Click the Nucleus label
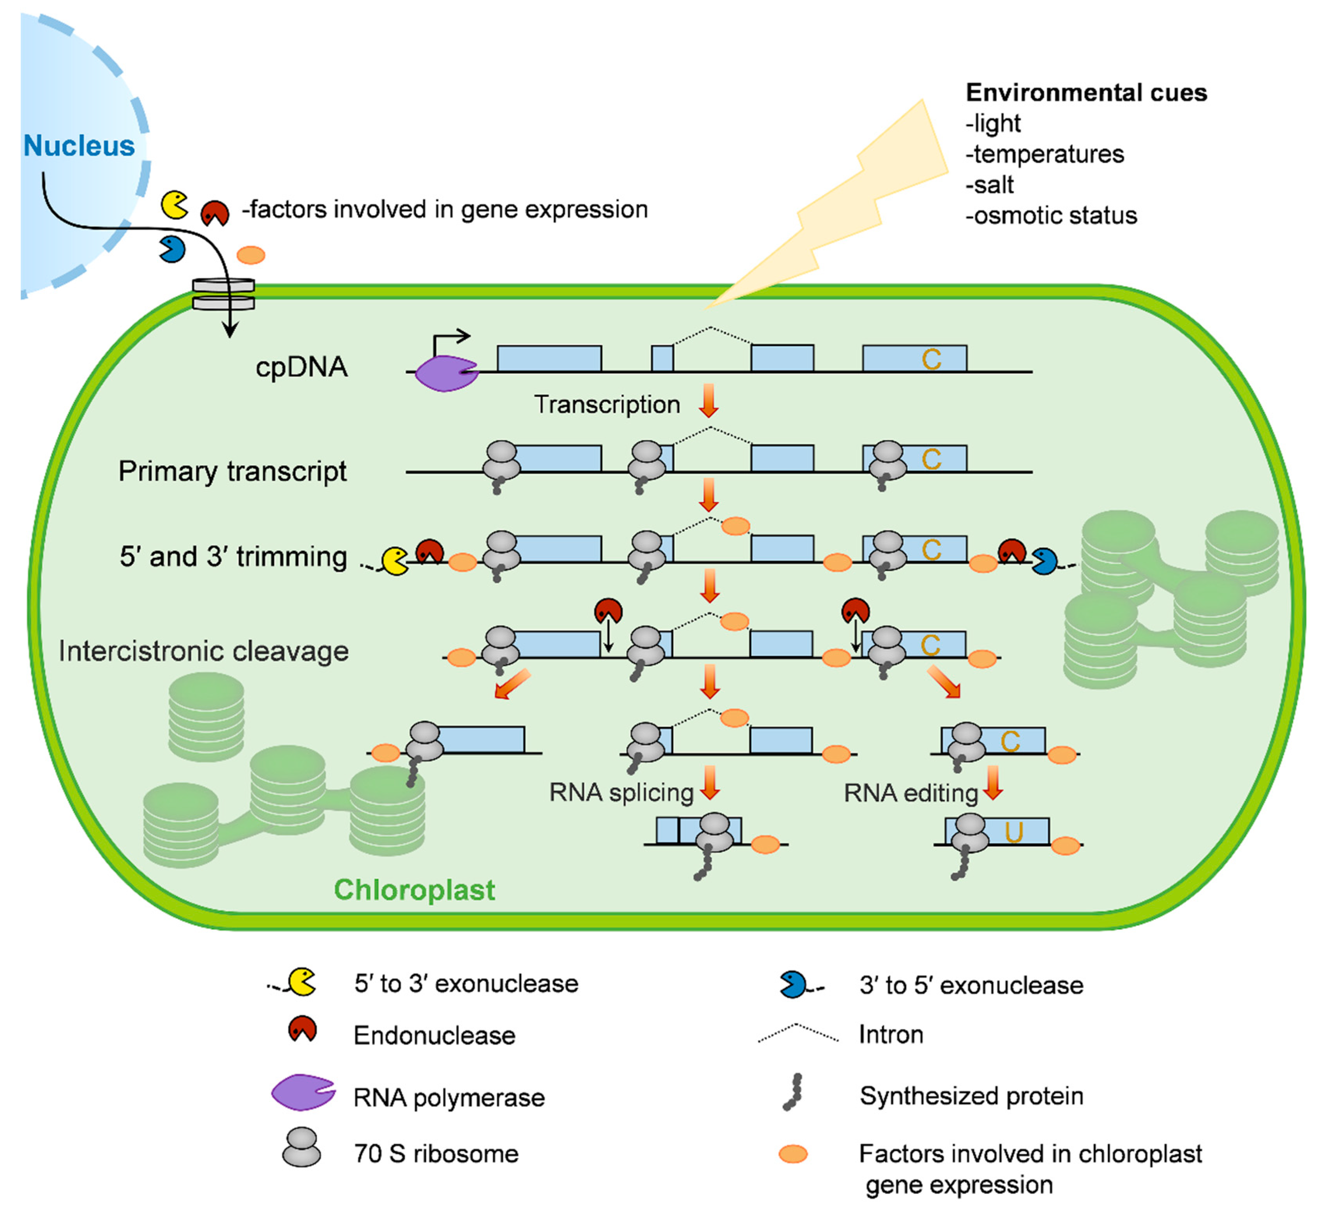79,146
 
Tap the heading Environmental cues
1086,93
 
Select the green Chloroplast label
414,890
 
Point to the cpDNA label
301,367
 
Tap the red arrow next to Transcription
708,401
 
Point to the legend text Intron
891,1035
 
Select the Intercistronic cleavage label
203,651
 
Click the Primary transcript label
232,471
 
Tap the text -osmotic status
1052,215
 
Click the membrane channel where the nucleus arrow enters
223,294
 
